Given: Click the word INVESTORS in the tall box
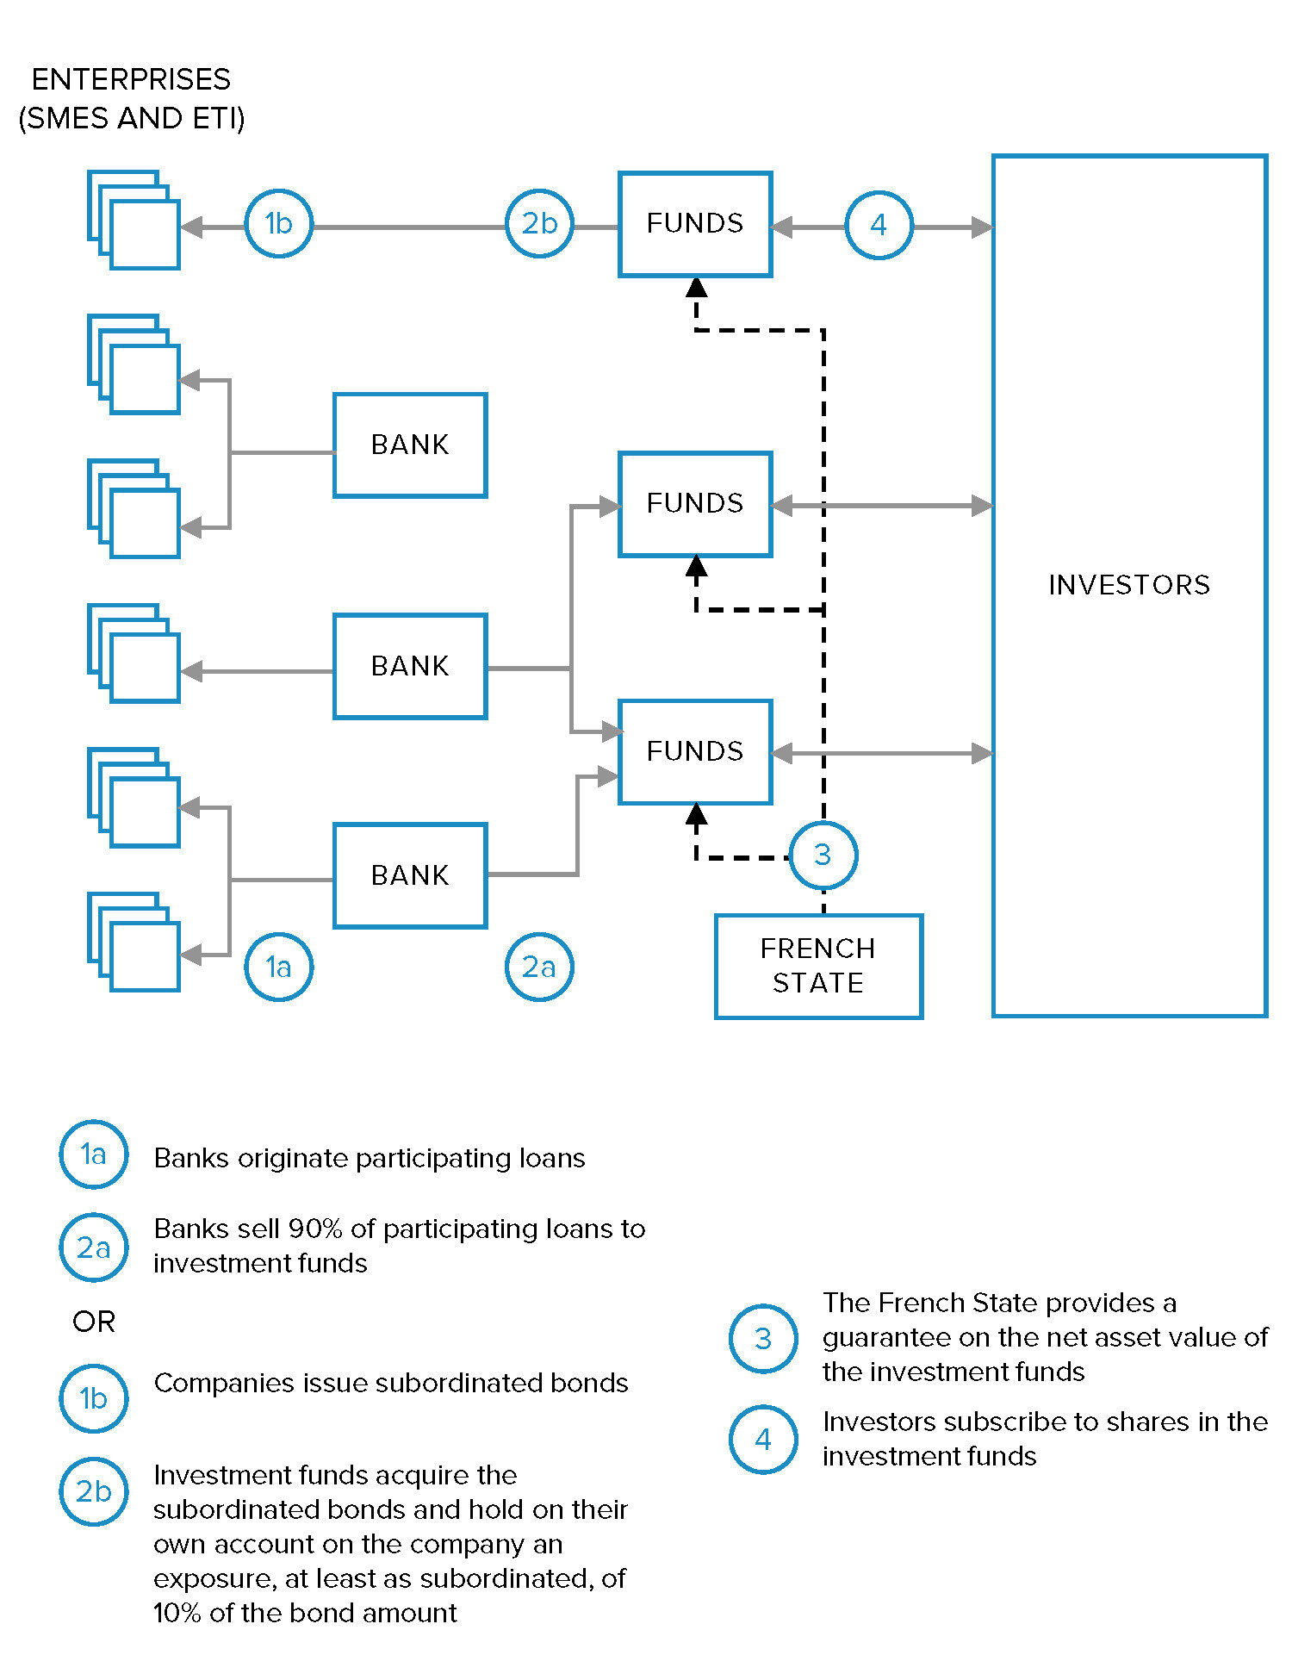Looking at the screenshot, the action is (x=1129, y=585).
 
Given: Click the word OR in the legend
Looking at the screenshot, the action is (x=94, y=1322).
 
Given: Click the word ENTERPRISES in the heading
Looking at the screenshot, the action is (x=131, y=79).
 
